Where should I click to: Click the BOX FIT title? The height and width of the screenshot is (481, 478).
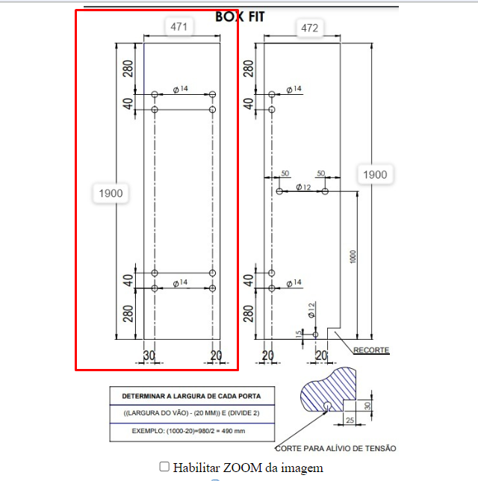240,17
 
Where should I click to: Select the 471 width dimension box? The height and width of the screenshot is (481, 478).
179,27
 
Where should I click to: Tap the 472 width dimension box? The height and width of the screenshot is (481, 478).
309,28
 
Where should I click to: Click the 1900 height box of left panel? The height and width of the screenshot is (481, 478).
111,193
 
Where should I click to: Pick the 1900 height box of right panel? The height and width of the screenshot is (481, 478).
375,175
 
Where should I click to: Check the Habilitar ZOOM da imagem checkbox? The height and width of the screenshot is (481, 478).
164,467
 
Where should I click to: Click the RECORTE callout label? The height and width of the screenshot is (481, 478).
371,350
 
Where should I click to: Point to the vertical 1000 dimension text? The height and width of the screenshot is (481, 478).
353,256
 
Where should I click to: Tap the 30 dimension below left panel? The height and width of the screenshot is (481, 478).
149,356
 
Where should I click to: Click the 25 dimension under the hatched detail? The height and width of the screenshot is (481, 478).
350,420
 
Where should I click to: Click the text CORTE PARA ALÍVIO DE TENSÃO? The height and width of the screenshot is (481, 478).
335,448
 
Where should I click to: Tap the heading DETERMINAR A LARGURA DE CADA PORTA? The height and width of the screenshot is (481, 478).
191,396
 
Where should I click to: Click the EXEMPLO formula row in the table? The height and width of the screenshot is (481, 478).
188,431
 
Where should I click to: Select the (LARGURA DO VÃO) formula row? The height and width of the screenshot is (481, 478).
191,413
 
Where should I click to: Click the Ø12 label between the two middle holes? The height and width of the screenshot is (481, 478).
303,187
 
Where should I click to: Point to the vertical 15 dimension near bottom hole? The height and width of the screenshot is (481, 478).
299,335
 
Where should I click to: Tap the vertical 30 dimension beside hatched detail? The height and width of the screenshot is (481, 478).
367,406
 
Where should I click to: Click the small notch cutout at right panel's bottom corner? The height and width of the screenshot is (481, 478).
334,333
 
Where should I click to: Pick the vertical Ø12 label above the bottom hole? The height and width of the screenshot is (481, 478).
311,310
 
